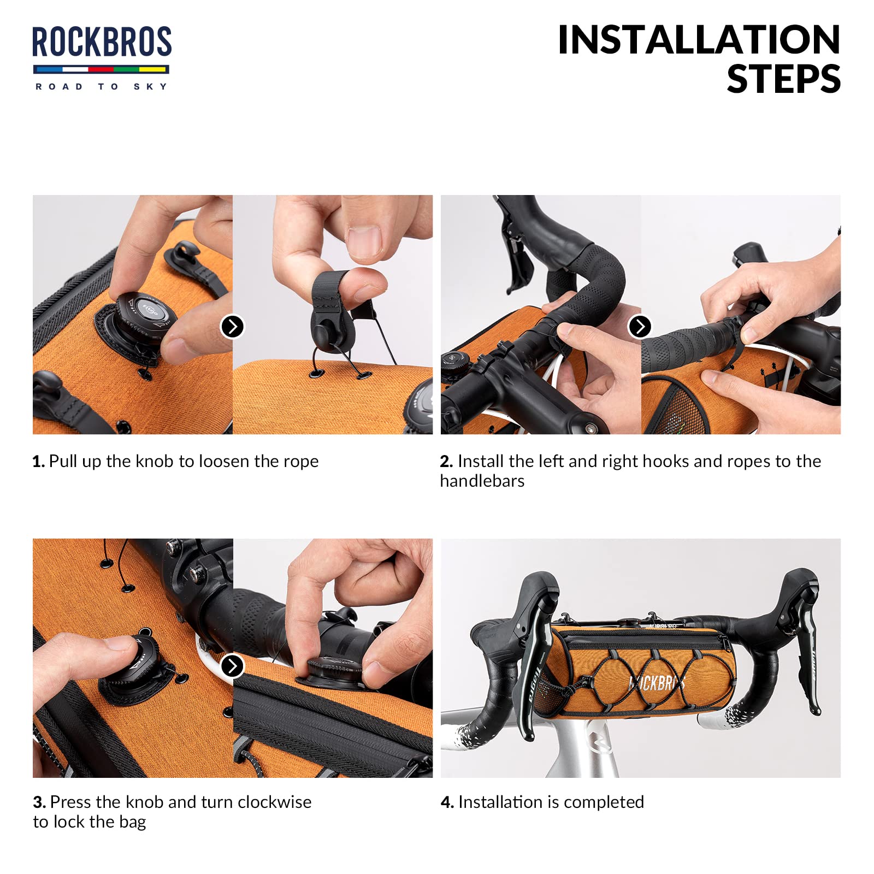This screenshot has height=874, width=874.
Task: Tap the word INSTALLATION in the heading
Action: [x=699, y=40]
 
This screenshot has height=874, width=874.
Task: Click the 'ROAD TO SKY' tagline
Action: [x=102, y=86]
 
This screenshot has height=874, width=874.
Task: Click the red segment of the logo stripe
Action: [x=101, y=69]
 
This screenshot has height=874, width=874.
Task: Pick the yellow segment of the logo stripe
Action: [x=153, y=69]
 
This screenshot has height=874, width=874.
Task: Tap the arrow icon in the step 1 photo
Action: [x=232, y=327]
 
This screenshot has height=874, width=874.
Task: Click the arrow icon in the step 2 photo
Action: [x=640, y=327]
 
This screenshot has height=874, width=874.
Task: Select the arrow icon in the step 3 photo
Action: [x=232, y=666]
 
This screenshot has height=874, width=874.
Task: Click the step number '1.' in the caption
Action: [x=39, y=462]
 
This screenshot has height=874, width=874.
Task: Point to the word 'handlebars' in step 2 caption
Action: [x=482, y=481]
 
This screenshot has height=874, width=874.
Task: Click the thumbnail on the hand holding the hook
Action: [x=364, y=243]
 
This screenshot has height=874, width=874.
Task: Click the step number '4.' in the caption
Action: [x=447, y=802]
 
